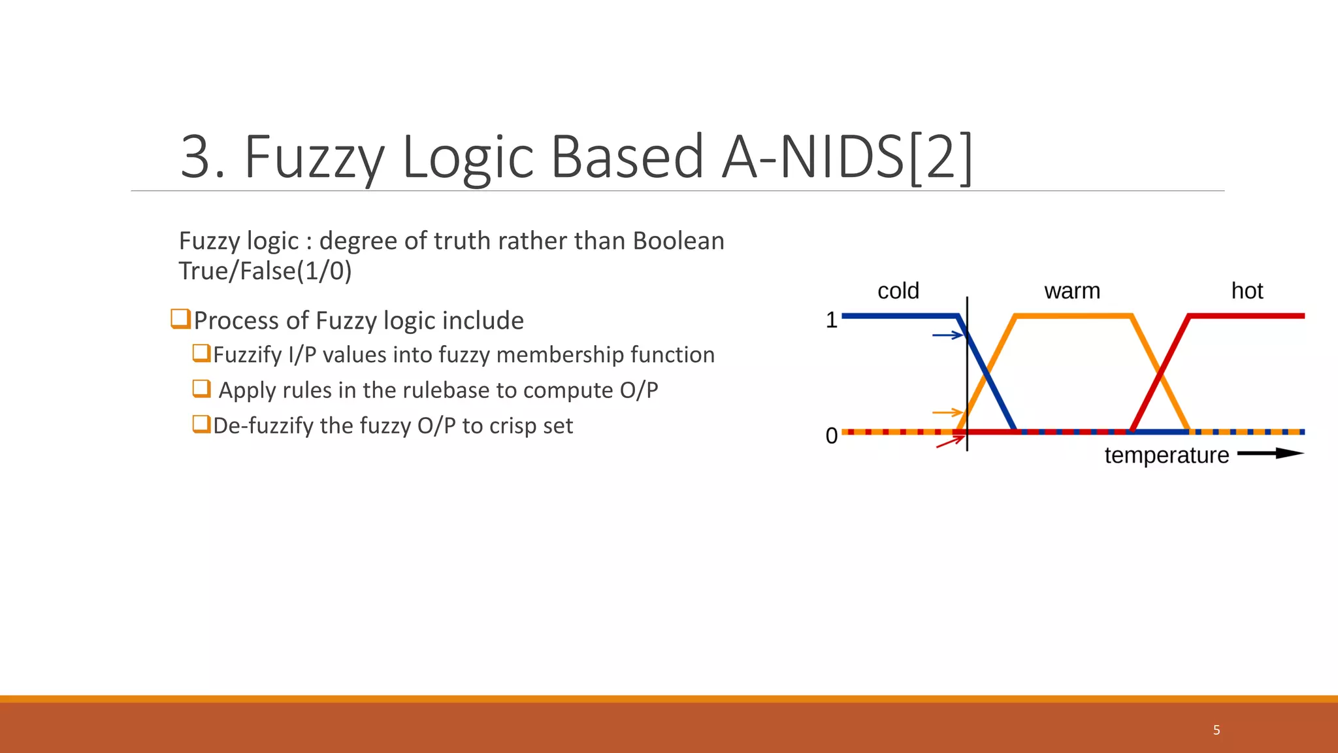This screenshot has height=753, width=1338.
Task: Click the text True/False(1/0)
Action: tap(265, 271)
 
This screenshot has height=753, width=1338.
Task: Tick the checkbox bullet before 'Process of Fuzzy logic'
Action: tap(180, 319)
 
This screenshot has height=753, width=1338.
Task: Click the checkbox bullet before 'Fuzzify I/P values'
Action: tap(201, 353)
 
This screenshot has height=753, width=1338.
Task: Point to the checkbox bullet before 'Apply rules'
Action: tap(201, 389)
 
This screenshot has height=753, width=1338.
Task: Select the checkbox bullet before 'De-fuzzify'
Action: tap(201, 424)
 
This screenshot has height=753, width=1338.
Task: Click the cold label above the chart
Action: tap(898, 291)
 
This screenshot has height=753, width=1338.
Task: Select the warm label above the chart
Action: tap(1072, 291)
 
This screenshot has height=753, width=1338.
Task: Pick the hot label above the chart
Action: tap(1247, 291)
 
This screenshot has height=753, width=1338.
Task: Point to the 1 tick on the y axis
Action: tap(831, 320)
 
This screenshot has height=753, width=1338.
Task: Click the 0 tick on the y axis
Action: tap(831, 435)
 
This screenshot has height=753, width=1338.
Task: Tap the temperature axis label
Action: tap(1167, 455)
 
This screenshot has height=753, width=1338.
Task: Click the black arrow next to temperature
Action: tap(1270, 454)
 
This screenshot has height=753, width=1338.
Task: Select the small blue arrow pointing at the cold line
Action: tap(948, 335)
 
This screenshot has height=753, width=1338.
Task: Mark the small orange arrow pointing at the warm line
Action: tap(948, 412)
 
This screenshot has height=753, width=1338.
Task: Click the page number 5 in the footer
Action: tap(1216, 730)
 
